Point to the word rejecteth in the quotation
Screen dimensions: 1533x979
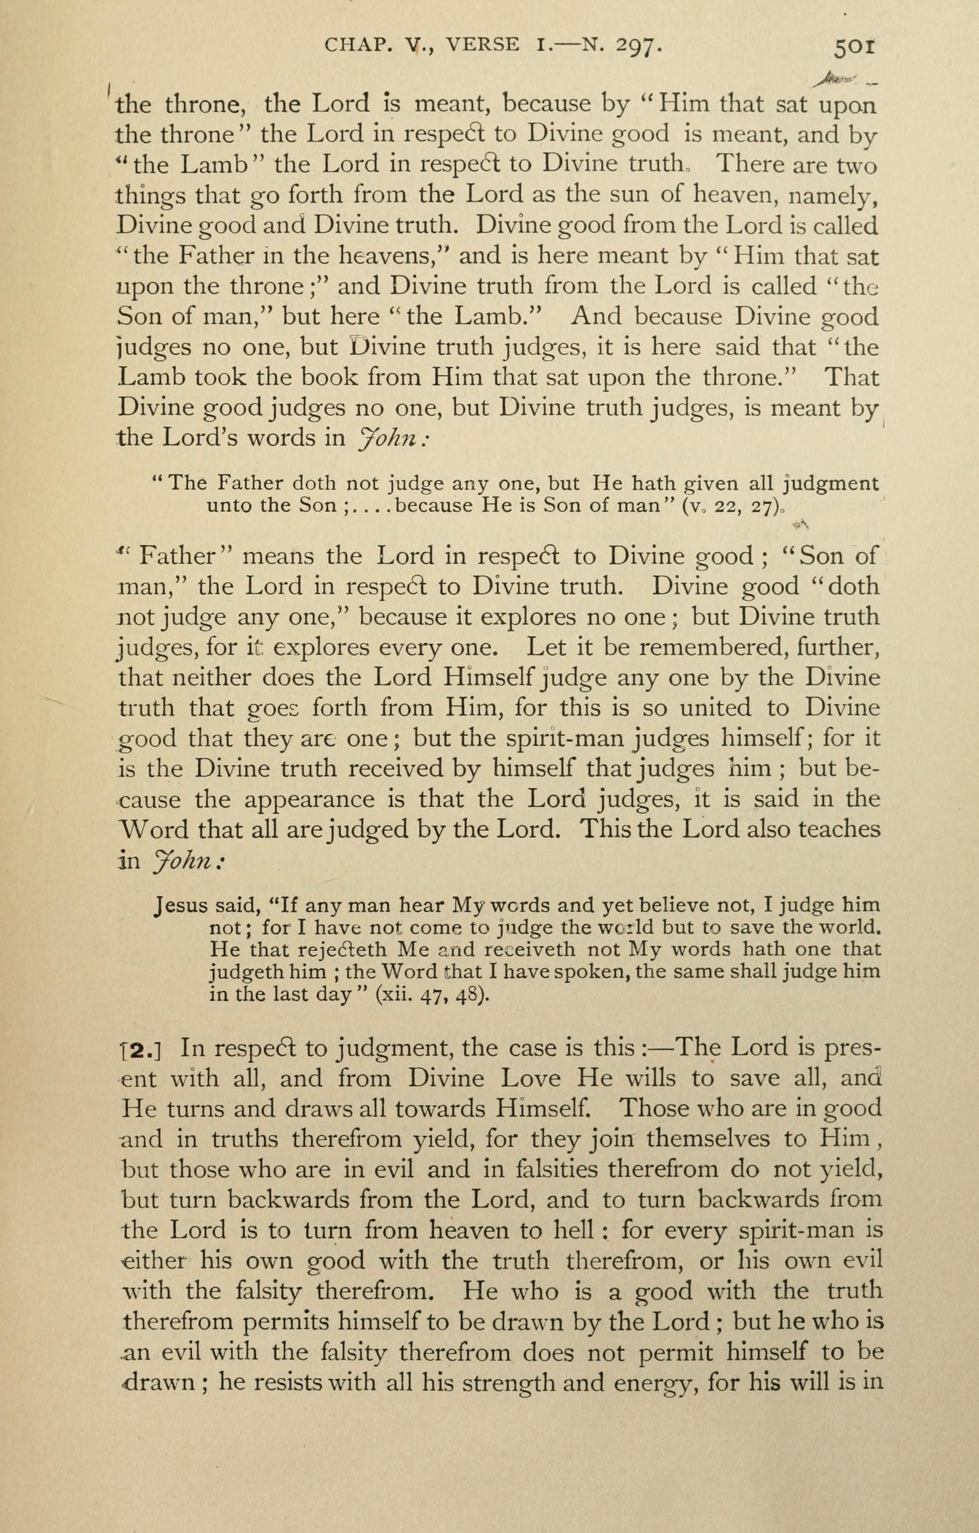pos(342,950)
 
